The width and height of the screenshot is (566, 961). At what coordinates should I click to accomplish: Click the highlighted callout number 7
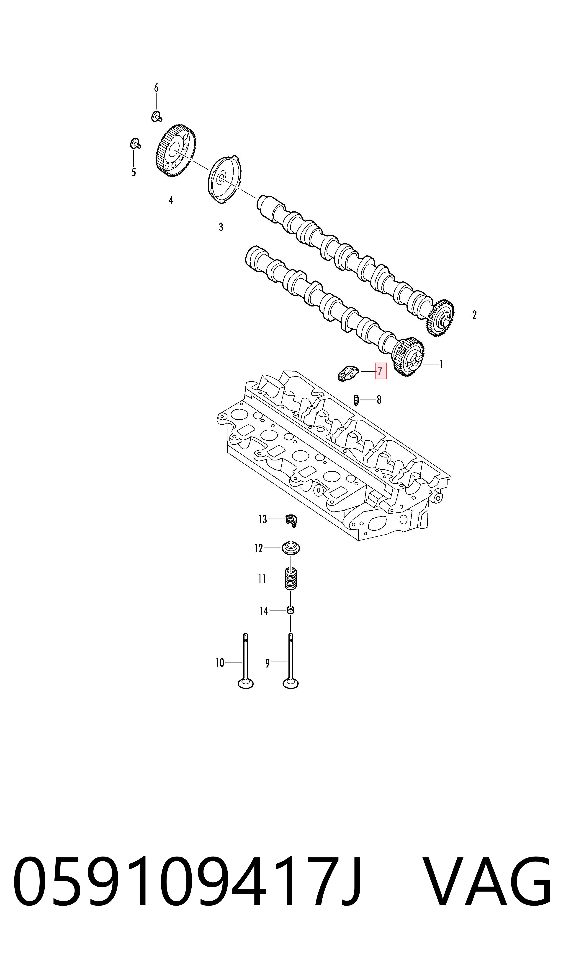[380, 371]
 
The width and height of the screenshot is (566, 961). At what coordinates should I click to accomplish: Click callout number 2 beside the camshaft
[474, 315]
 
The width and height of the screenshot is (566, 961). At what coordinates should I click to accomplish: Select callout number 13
[263, 519]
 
